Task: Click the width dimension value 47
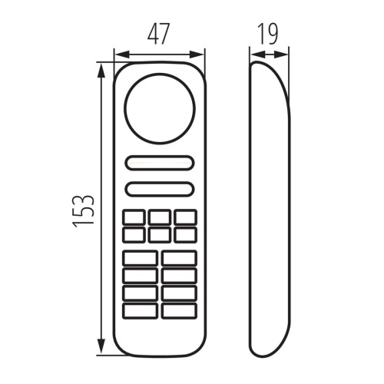[x=158, y=34]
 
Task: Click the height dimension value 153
[x=83, y=211]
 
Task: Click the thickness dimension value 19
[x=268, y=34]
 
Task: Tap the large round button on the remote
[x=160, y=108]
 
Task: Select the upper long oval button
[x=160, y=163]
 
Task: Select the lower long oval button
[x=160, y=189]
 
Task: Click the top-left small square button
[x=133, y=217]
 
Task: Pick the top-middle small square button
[x=160, y=217]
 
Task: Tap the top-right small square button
[x=186, y=217]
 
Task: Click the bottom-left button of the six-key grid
[x=133, y=235]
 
